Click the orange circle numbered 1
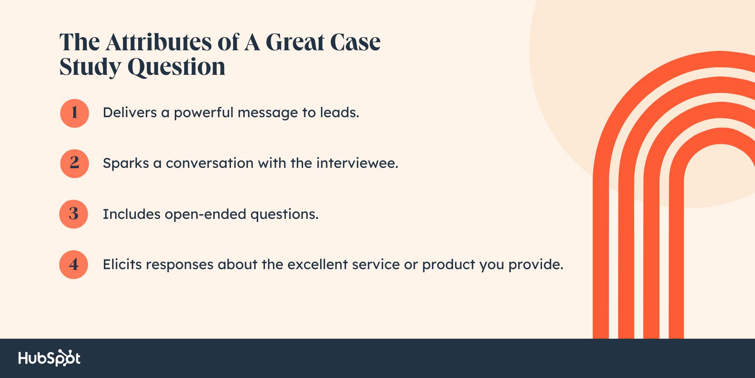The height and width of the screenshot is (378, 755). click(74, 113)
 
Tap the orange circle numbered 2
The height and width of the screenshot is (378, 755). click(74, 164)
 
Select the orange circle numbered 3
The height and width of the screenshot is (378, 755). click(74, 214)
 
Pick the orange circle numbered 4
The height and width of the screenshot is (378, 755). click(74, 265)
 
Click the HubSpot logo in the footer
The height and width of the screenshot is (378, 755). click(49, 358)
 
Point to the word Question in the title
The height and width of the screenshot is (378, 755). click(176, 67)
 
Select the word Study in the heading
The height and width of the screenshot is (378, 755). click(90, 67)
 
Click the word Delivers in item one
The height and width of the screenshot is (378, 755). click(129, 113)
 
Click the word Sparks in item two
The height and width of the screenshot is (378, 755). click(126, 163)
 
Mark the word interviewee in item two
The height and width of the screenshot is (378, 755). click(357, 163)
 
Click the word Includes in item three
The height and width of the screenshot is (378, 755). click(131, 214)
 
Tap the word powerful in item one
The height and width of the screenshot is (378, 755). click(203, 113)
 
